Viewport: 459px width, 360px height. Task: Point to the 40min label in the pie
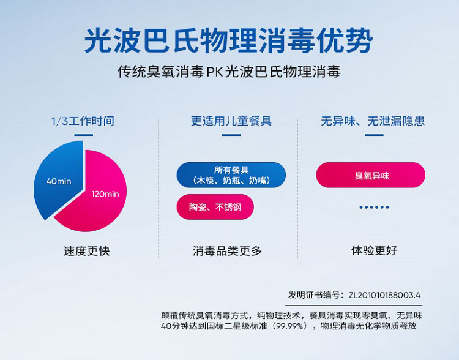[59, 181]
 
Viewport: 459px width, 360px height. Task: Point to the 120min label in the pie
[105, 194]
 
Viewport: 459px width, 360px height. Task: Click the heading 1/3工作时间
[83, 121]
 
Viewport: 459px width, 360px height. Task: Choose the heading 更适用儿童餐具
[231, 121]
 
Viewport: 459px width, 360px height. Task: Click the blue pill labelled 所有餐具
[231, 174]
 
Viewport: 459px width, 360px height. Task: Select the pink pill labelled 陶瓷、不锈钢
[215, 207]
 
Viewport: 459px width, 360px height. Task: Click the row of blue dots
[373, 208]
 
